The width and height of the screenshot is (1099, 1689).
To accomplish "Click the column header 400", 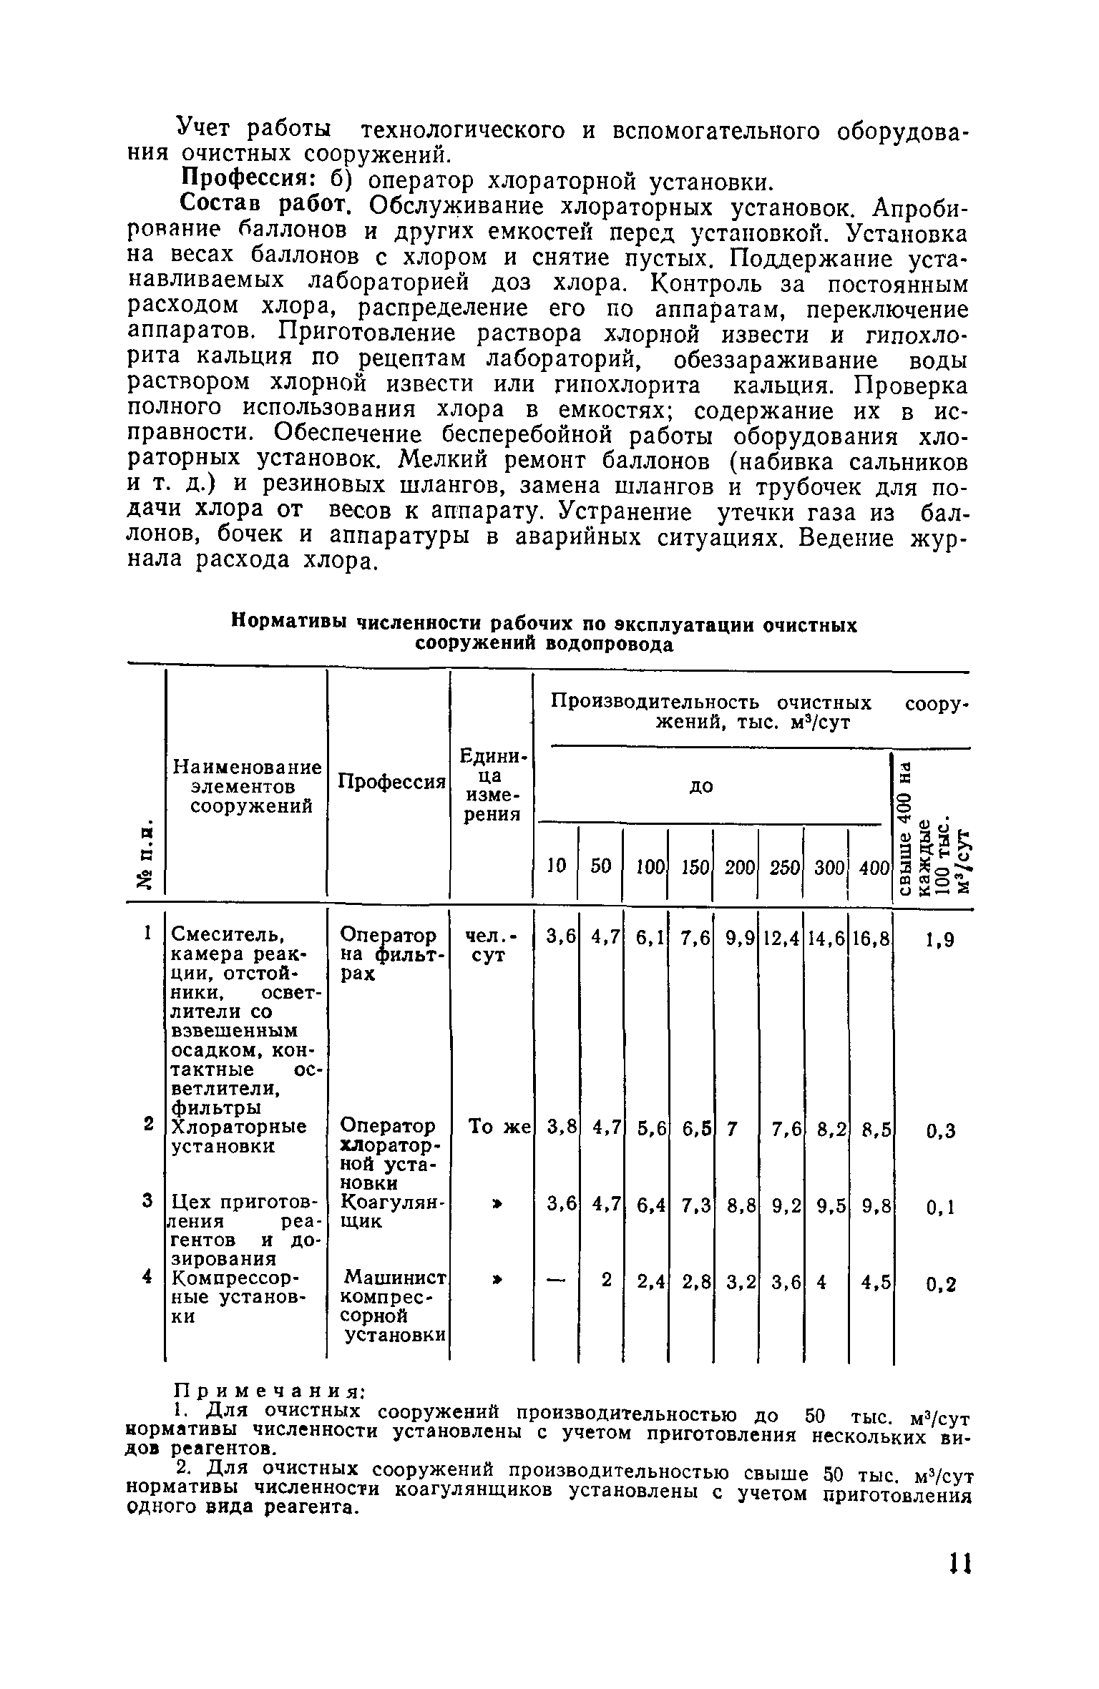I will (x=873, y=867).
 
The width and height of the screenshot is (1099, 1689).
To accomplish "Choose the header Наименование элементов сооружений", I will (x=247, y=786).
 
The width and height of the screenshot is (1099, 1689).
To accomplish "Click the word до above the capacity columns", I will (x=701, y=786).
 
